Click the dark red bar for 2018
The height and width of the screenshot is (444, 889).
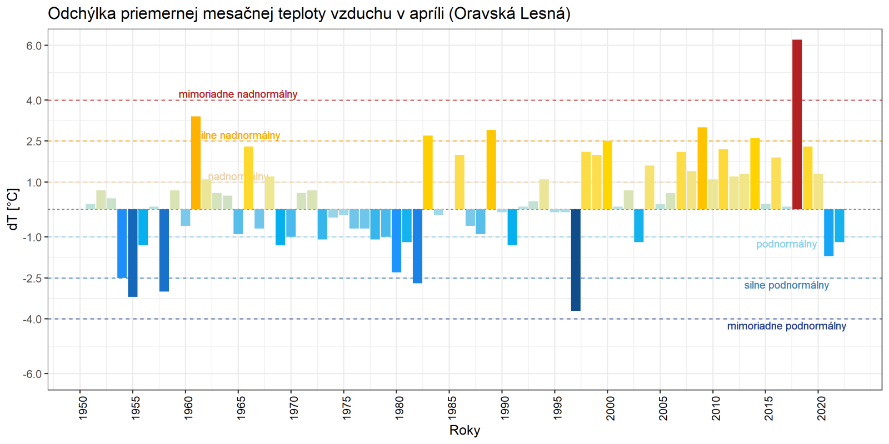[x=797, y=124]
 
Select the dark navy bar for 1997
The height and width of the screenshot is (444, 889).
[x=576, y=260]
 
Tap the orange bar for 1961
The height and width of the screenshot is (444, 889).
[x=196, y=163]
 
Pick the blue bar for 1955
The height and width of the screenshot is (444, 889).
[x=133, y=253]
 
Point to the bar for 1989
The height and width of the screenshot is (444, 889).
[x=491, y=170]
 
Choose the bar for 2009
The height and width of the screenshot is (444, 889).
[x=702, y=168]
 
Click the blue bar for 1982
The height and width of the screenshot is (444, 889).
[x=417, y=246]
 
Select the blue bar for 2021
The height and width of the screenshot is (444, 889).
[x=828, y=233]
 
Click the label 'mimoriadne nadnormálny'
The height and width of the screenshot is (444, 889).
[x=238, y=94]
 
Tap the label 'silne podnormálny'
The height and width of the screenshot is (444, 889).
[x=786, y=285]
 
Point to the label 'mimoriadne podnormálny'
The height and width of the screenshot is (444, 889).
[x=786, y=326]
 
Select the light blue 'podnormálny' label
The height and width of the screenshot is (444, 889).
[x=786, y=244]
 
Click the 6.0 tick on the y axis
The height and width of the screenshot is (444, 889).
[x=34, y=46]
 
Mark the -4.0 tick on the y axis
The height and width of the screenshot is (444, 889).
[x=33, y=319]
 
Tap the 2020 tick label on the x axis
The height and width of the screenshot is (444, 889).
[x=822, y=407]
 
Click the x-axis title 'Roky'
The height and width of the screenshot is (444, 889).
[x=465, y=431]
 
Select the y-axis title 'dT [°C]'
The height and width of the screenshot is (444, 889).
[x=13, y=209]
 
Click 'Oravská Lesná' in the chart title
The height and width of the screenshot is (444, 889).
[x=509, y=13]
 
